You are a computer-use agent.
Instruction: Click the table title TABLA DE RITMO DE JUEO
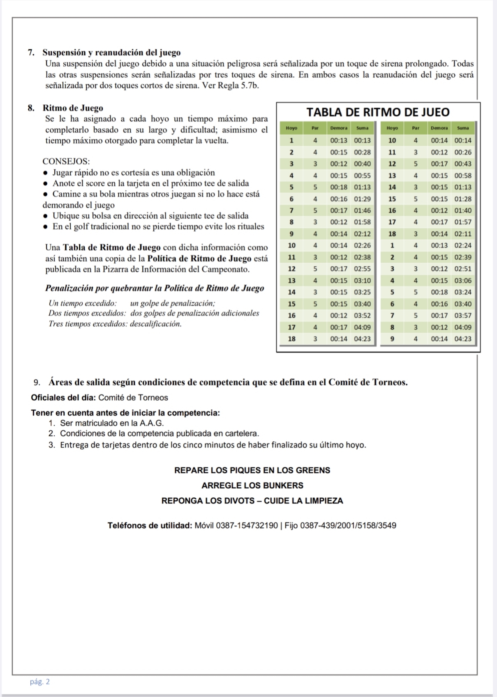point(378,112)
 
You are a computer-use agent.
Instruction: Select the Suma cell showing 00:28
point(362,152)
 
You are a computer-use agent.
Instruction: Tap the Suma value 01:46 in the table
point(362,210)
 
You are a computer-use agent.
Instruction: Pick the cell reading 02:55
point(362,269)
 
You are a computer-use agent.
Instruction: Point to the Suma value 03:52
point(362,316)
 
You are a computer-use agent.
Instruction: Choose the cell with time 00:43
point(463,164)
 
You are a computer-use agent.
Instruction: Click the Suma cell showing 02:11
point(463,234)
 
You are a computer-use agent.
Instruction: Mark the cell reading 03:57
point(463,316)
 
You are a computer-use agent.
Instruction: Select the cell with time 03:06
point(463,281)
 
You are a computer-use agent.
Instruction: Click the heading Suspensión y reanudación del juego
point(111,53)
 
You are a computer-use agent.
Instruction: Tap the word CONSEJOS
point(66,161)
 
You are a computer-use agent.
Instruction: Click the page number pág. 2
point(39,682)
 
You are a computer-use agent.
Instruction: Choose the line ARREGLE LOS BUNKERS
point(252,485)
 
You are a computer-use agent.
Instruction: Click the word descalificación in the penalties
point(156,323)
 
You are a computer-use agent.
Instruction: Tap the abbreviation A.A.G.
point(152,423)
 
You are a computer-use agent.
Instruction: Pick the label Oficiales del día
point(63,397)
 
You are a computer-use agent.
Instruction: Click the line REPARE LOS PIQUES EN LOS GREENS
point(252,470)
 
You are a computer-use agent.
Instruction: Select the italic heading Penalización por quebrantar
point(155,288)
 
